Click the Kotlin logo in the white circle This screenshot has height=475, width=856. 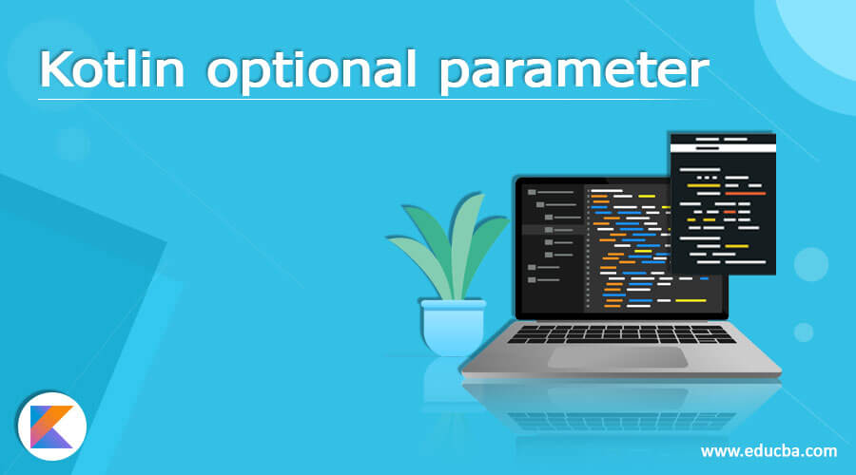coord(51,426)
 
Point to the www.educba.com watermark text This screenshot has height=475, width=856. coord(769,450)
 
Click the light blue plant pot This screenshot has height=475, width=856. coord(453,325)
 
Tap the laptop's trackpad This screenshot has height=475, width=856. coord(618,357)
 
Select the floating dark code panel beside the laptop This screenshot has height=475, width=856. coord(723,209)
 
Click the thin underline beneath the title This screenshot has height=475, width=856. coord(371,98)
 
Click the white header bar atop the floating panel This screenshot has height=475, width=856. coord(723,139)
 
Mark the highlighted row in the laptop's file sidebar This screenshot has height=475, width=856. coord(552,230)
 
